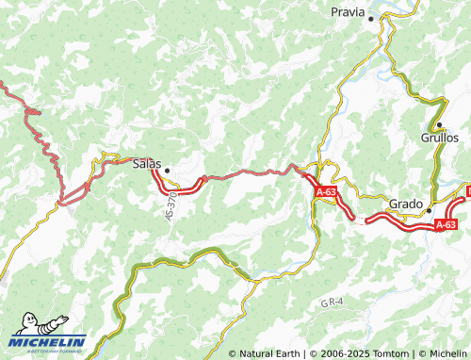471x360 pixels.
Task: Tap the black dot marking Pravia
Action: [371, 18]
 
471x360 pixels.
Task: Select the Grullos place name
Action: [439, 138]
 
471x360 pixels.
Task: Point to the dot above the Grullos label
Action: [439, 124]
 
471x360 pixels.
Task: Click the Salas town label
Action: [147, 163]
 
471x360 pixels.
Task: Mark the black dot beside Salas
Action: [168, 171]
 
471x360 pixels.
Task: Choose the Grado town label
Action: [406, 204]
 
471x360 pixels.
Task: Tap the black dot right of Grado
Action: [429, 210]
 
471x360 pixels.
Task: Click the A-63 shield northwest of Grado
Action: [326, 191]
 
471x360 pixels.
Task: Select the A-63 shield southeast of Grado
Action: [446, 224]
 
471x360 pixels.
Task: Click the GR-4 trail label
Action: [331, 303]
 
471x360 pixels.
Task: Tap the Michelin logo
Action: [47, 341]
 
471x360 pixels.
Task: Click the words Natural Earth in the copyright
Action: [268, 353]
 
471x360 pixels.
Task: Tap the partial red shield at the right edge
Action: [467, 191]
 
